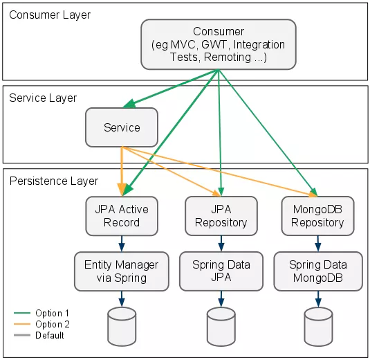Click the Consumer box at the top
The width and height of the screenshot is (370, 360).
click(x=219, y=44)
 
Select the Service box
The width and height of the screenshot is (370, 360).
click(x=122, y=127)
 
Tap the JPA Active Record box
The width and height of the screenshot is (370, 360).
click(x=122, y=215)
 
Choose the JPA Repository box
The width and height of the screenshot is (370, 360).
click(x=221, y=215)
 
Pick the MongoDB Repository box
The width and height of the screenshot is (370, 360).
click(x=317, y=215)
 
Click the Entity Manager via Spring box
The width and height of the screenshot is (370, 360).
click(x=122, y=271)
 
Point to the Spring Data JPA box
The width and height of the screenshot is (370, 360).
click(x=221, y=271)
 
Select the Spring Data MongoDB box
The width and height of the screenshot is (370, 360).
click(x=317, y=271)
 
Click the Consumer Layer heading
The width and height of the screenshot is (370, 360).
click(x=50, y=15)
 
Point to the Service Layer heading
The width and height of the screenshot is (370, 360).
click(x=43, y=98)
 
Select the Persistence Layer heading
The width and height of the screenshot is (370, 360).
click(x=53, y=181)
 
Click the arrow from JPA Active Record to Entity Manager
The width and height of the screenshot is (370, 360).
click(x=122, y=243)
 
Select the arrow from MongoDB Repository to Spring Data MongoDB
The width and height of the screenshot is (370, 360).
click(x=317, y=243)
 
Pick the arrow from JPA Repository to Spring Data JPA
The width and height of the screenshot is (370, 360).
click(x=221, y=243)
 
